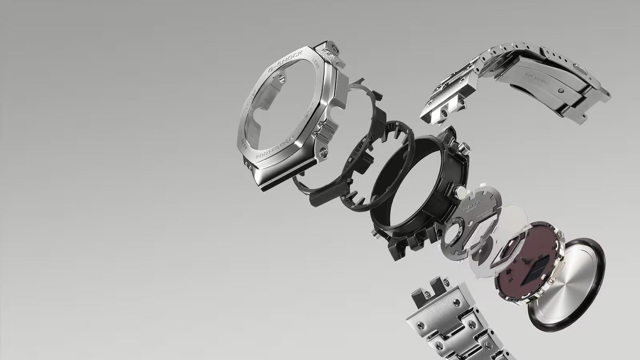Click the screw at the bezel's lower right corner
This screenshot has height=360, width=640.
coord(323,151)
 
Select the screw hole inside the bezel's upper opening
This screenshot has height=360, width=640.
coord(281,79)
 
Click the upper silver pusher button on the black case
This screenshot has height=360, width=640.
coord(464,148)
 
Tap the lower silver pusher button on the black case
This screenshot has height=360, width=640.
coord(459,193)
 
